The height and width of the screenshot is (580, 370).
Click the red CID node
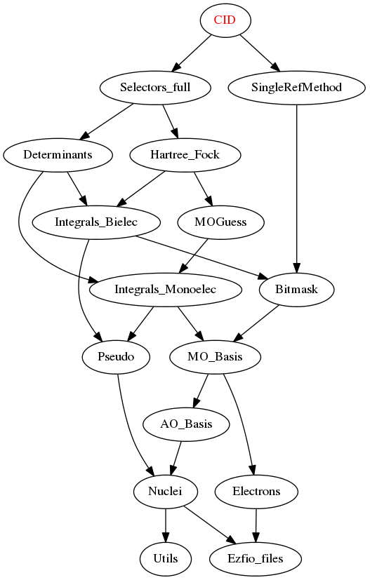pyautogui.click(x=225, y=20)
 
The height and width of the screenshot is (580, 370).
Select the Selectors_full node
pyautogui.click(x=155, y=87)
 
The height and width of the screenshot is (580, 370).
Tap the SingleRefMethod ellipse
pyautogui.click(x=296, y=87)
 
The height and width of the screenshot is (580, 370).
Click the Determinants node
pyautogui.click(x=58, y=154)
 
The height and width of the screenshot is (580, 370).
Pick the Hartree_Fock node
pyautogui.click(x=185, y=154)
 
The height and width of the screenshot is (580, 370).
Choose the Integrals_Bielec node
pyautogui.click(x=96, y=222)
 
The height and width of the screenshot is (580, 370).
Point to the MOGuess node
pyautogui.click(x=220, y=222)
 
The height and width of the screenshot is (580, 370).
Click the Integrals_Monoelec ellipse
pyautogui.click(x=165, y=289)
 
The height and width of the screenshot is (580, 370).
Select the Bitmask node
pyautogui.click(x=296, y=289)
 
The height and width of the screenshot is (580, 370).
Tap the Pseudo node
pyautogui.click(x=116, y=356)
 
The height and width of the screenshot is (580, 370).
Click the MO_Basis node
pyautogui.click(x=215, y=356)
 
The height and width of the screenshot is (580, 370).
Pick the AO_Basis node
pyautogui.click(x=186, y=424)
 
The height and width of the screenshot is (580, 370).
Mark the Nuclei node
pyautogui.click(x=165, y=491)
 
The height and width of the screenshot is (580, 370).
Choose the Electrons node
pyautogui.click(x=256, y=491)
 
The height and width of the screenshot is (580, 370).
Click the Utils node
pyautogui.click(x=165, y=558)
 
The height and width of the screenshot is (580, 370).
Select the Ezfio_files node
pyautogui.click(x=255, y=558)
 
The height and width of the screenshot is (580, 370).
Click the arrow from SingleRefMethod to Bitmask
pyautogui.click(x=296, y=188)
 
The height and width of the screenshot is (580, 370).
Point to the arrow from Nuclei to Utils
pyautogui.click(x=165, y=525)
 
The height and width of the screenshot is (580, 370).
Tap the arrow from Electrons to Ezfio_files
pyautogui.click(x=256, y=525)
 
